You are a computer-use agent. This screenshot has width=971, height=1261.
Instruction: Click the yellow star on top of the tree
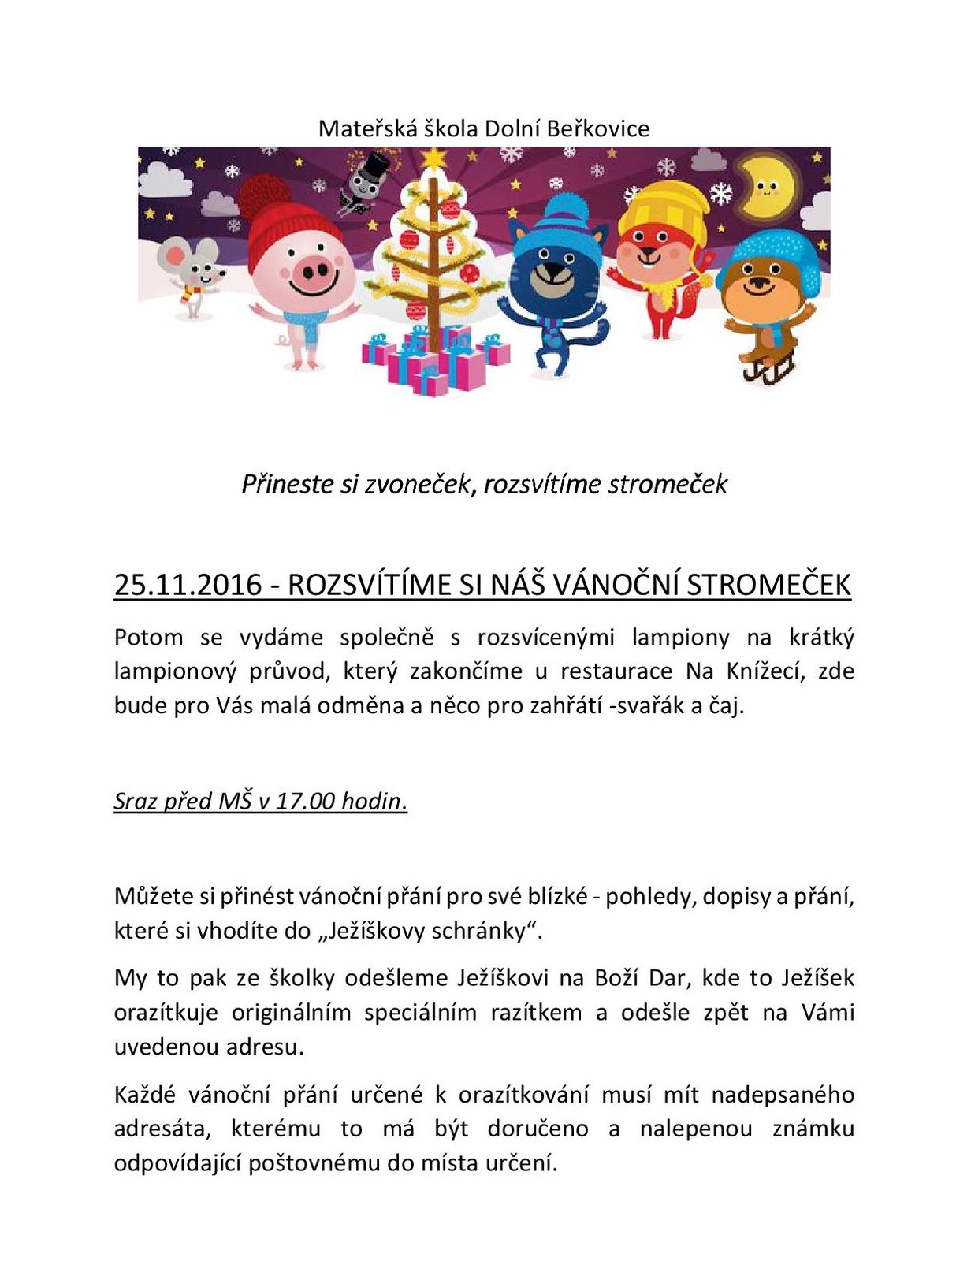point(433,158)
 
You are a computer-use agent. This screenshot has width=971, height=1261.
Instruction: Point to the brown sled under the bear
point(768,369)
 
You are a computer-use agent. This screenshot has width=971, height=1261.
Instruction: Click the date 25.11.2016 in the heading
point(188,585)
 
